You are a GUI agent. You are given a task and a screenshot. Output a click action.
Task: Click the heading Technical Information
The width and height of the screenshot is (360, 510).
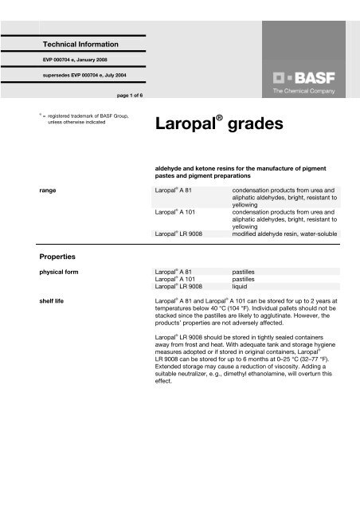80,42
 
